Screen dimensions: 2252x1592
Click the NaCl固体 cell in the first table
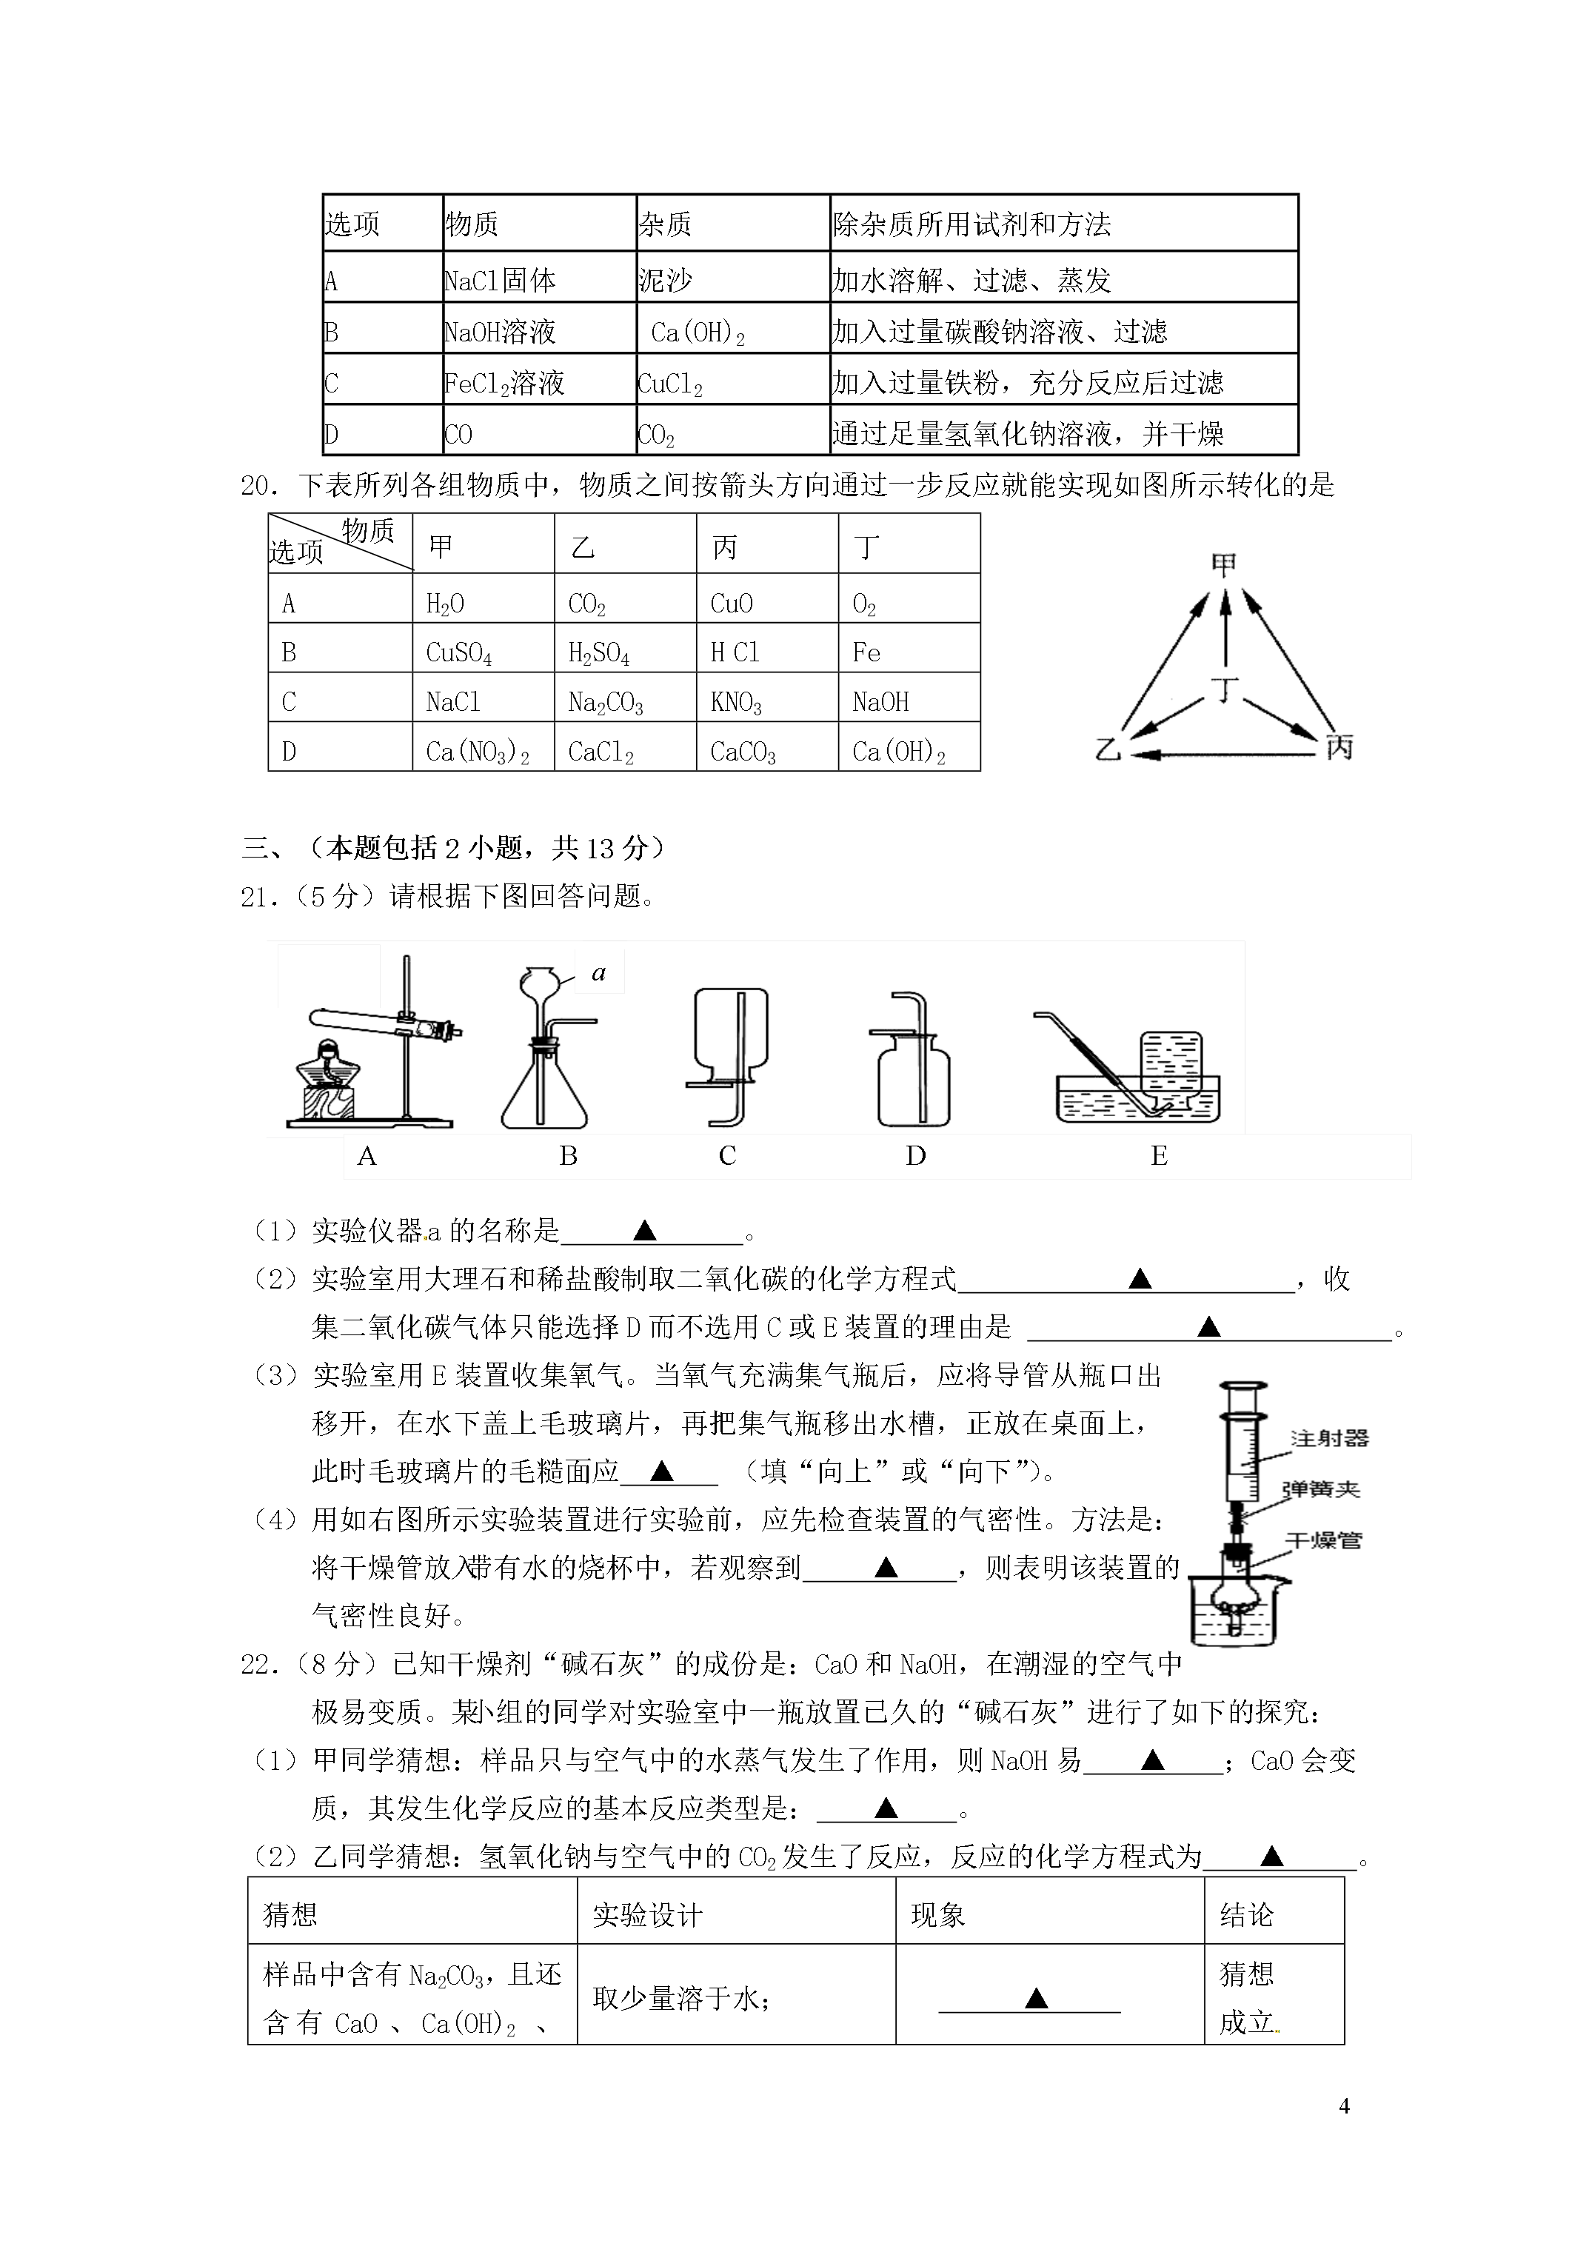pyautogui.click(x=501, y=281)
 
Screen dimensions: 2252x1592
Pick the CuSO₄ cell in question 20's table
pyautogui.click(x=458, y=652)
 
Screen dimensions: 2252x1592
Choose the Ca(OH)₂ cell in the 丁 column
pyautogui.click(x=898, y=752)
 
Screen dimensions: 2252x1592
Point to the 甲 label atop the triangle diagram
pyautogui.click(x=1223, y=564)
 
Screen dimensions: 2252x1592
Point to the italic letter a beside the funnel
pyautogui.click(x=599, y=972)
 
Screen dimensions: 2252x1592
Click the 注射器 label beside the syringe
pyautogui.click(x=1328, y=1439)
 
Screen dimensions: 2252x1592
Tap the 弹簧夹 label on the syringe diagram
pyautogui.click(x=1320, y=1489)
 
